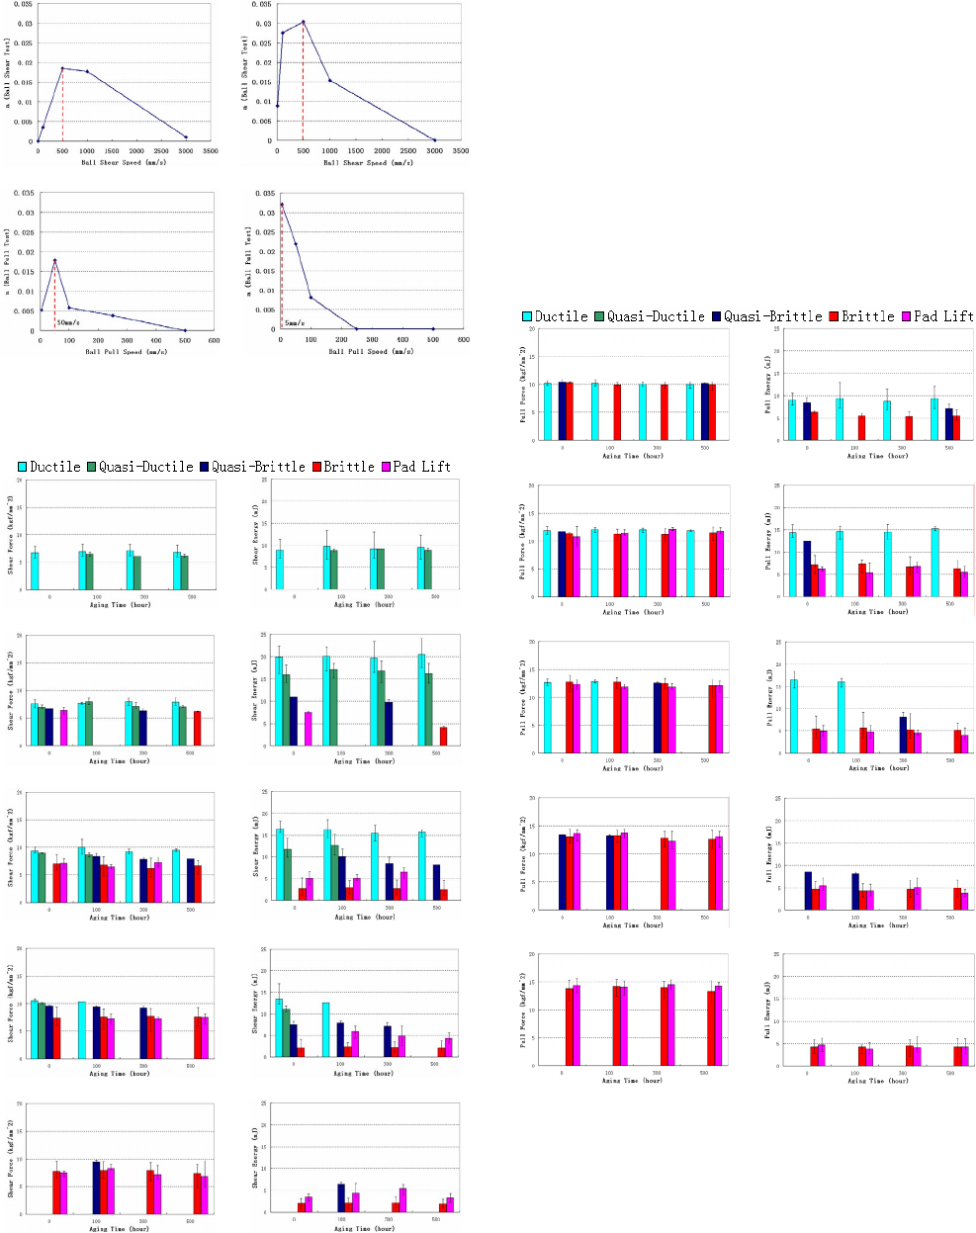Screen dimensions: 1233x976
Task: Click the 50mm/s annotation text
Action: tap(68, 322)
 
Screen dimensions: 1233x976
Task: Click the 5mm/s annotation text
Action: tap(295, 322)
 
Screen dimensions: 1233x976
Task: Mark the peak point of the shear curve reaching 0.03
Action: tap(303, 21)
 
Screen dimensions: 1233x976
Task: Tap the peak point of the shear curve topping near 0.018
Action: tap(62, 68)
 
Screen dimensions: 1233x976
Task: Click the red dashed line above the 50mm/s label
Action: tap(54, 292)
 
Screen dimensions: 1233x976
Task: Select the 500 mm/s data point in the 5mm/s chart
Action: tap(432, 328)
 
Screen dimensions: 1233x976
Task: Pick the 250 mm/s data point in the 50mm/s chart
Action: tap(113, 315)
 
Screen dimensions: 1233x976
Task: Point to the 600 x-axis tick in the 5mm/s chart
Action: tap(463, 339)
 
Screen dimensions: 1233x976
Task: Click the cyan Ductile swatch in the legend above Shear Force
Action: tap(23, 467)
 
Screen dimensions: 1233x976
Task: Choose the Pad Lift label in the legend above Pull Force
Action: tap(943, 316)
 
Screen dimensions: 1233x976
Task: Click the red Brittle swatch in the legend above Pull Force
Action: tap(834, 316)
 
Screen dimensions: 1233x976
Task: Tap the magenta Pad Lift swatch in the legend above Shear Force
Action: tap(386, 467)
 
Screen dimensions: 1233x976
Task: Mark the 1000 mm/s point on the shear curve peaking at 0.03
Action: tap(330, 80)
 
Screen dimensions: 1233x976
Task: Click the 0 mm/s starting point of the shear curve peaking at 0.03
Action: tap(278, 106)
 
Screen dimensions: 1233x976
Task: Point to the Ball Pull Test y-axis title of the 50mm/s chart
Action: tap(9, 259)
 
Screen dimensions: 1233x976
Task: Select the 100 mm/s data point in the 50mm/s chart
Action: tap(69, 308)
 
